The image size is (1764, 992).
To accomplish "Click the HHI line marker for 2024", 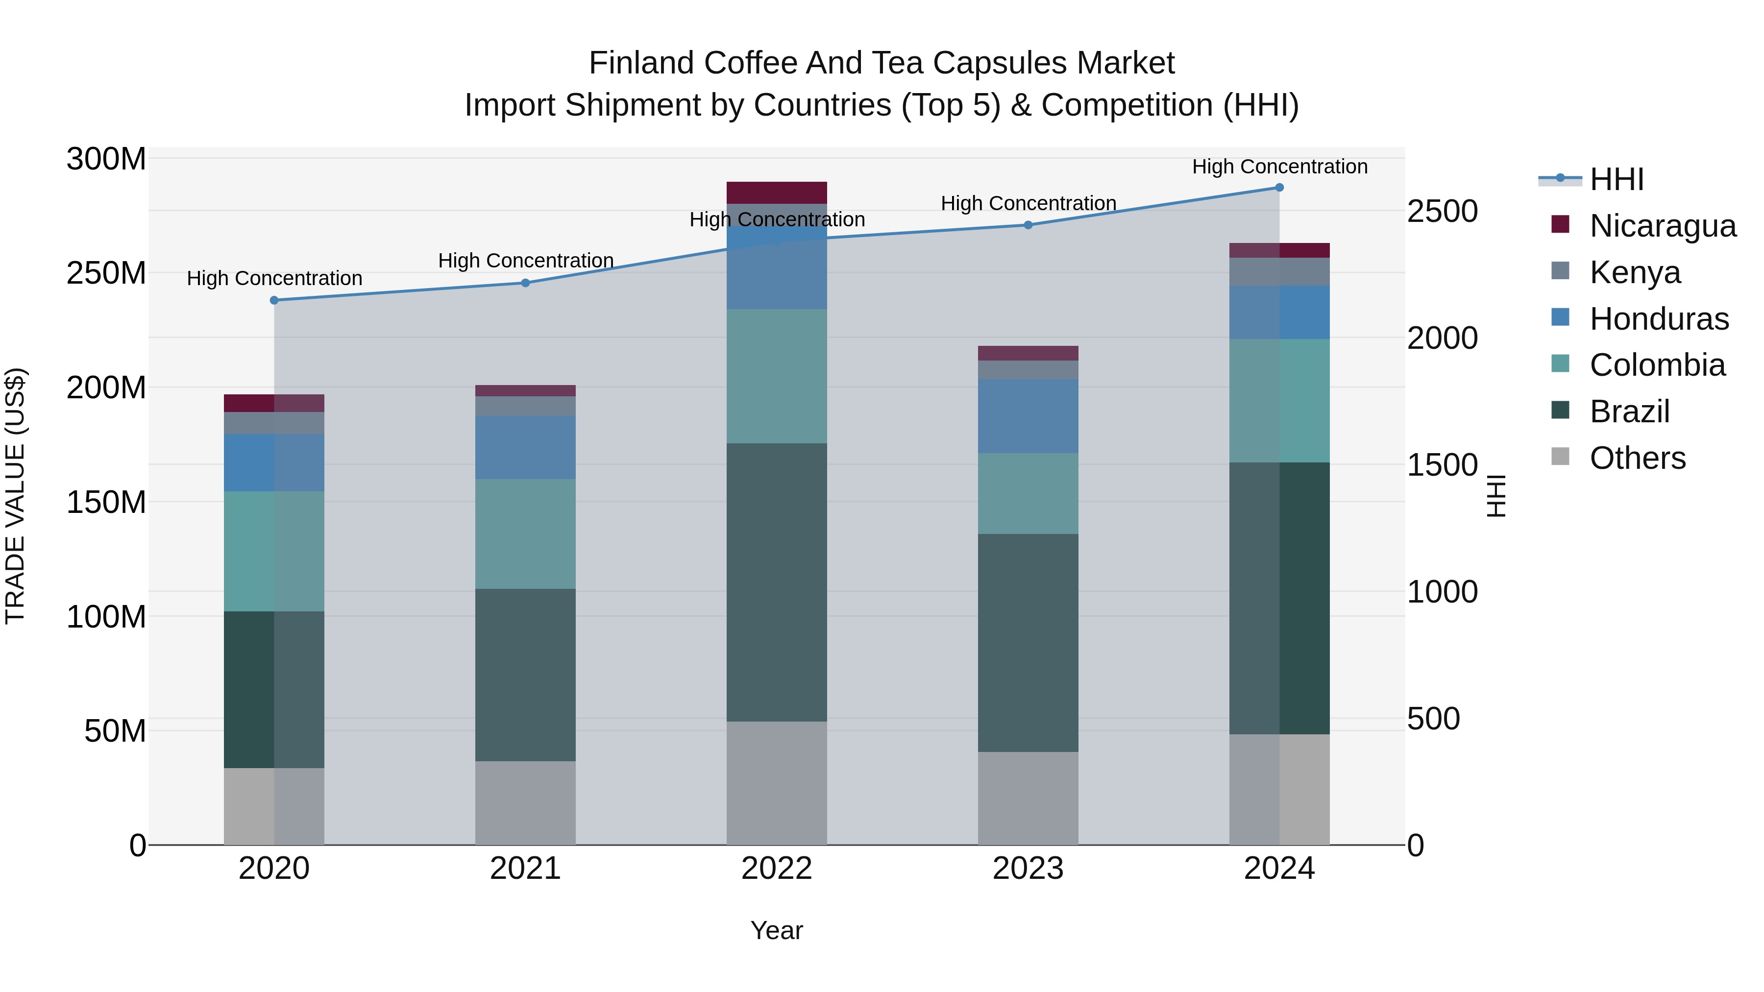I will pos(1279,188).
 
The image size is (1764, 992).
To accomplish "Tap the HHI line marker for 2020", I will pos(274,300).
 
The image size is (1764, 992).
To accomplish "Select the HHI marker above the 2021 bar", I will pos(525,283).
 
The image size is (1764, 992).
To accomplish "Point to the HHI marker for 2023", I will pos(1028,224).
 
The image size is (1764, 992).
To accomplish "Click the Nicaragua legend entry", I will pos(1663,226).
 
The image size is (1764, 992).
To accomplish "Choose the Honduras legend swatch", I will pos(1560,317).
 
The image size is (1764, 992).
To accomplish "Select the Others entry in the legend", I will pos(1637,458).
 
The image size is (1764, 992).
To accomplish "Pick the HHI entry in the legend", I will pos(1616,179).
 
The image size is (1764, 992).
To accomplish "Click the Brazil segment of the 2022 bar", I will pos(777,582).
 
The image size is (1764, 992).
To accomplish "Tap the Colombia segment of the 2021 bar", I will pos(525,533).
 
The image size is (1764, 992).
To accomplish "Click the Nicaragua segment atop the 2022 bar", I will pos(777,193).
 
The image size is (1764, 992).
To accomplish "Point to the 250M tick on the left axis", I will pos(106,273).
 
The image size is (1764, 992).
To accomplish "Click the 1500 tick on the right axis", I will pos(1442,465).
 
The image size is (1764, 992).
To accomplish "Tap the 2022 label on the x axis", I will pos(777,869).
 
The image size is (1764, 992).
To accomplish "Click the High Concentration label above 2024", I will pos(1279,167).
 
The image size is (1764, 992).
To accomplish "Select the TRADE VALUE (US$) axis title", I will pos(15,496).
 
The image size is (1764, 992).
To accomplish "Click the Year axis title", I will pos(777,930).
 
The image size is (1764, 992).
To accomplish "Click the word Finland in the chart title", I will pos(641,63).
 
